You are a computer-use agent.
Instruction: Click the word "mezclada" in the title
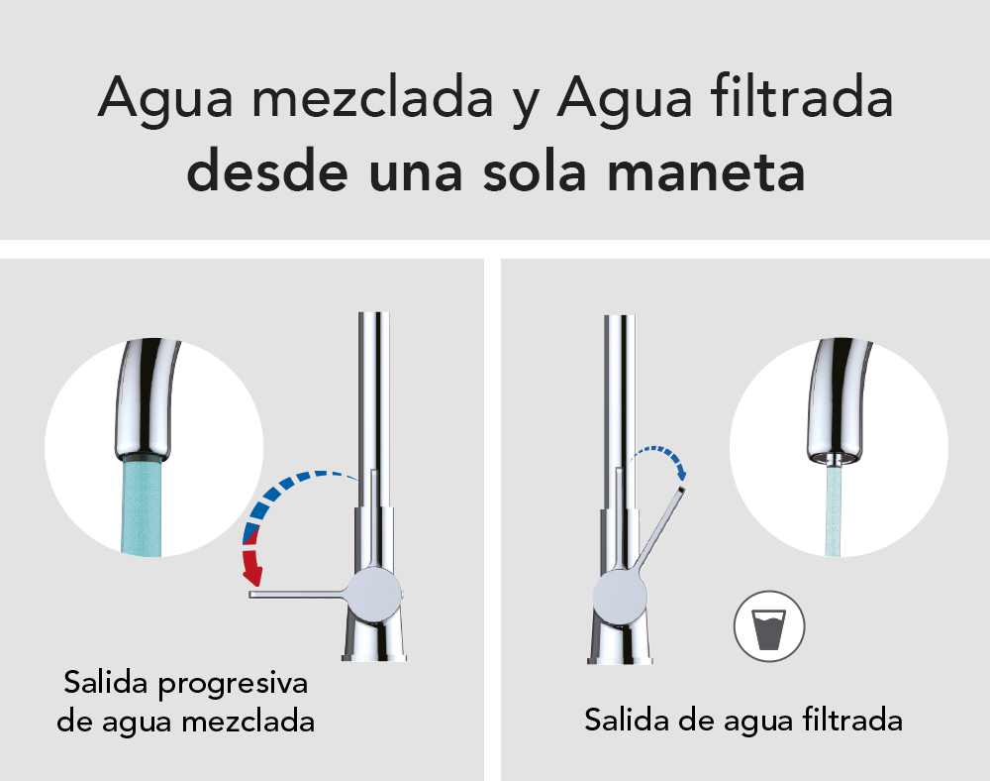tap(372, 99)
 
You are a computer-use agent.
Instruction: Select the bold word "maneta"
tap(706, 172)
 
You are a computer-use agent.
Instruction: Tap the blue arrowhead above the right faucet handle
tap(681, 472)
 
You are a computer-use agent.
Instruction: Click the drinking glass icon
tap(769, 626)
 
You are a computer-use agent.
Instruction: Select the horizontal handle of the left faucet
tap(298, 594)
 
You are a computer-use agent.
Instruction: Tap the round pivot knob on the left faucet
tap(374, 594)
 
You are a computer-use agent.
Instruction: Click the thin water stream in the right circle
tap(834, 510)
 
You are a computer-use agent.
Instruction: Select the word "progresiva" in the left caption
tap(233, 684)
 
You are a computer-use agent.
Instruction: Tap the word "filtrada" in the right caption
tap(853, 719)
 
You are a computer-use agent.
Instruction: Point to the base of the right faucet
tap(620, 643)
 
